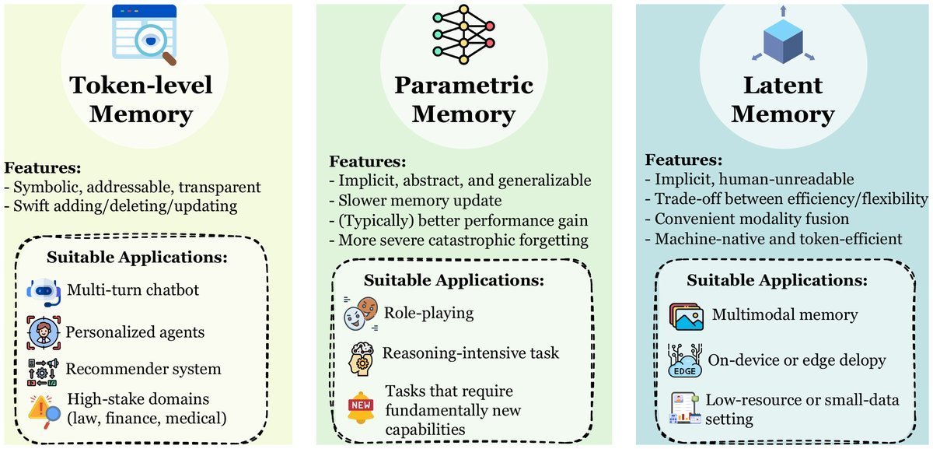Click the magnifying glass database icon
[144, 34]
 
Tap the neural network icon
[463, 34]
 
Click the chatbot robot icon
[44, 292]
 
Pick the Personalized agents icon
[44, 333]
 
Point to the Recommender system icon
[43, 372]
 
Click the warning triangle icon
[44, 411]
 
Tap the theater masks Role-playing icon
[361, 314]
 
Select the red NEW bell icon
[361, 407]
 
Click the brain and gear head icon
[361, 359]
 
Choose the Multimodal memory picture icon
[687, 317]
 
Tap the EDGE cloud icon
[685, 360]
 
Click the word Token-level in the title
[142, 85]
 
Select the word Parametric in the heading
[463, 85]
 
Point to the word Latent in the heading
[783, 85]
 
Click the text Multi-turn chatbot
[133, 289]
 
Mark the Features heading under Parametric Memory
[367, 161]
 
